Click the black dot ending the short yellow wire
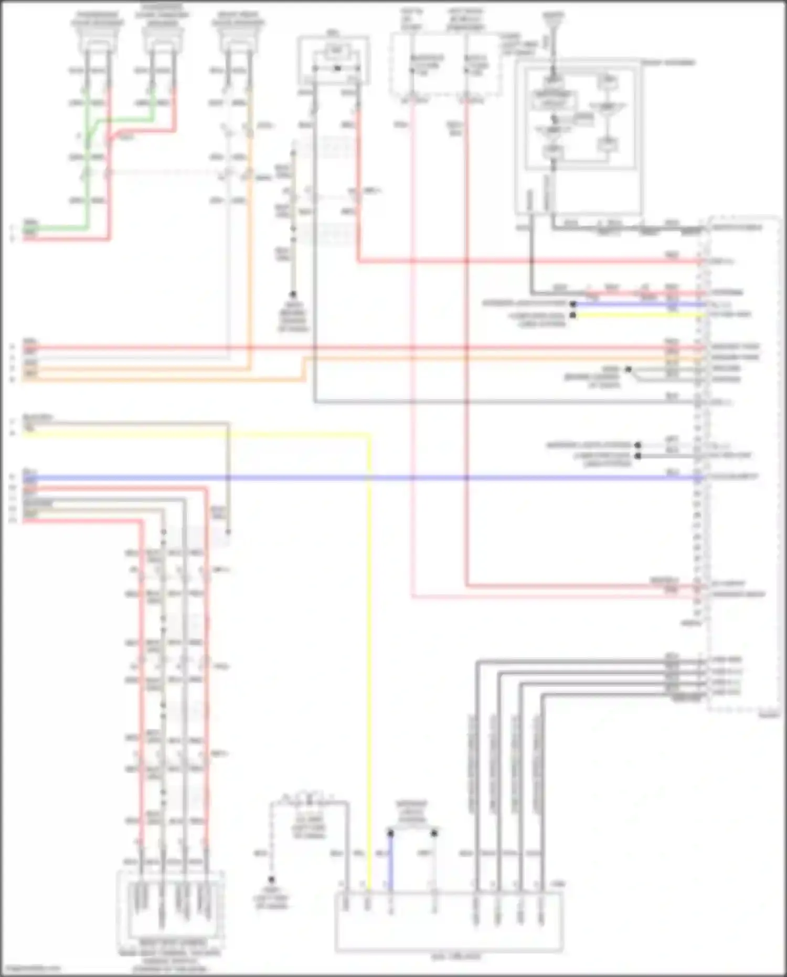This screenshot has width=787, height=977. point(573,315)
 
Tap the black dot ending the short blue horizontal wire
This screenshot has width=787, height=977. point(573,304)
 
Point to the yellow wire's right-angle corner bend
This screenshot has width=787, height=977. point(369,435)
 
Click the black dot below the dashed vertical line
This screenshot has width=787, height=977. point(271,879)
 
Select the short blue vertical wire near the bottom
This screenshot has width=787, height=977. point(390,861)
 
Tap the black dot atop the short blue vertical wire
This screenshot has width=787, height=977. point(390,833)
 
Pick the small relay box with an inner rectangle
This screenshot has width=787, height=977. point(334,59)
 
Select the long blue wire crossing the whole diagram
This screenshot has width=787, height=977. point(367,478)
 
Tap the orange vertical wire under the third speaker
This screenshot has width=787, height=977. point(250,236)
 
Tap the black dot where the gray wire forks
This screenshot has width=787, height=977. point(628,369)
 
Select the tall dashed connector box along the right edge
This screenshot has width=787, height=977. point(742,462)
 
